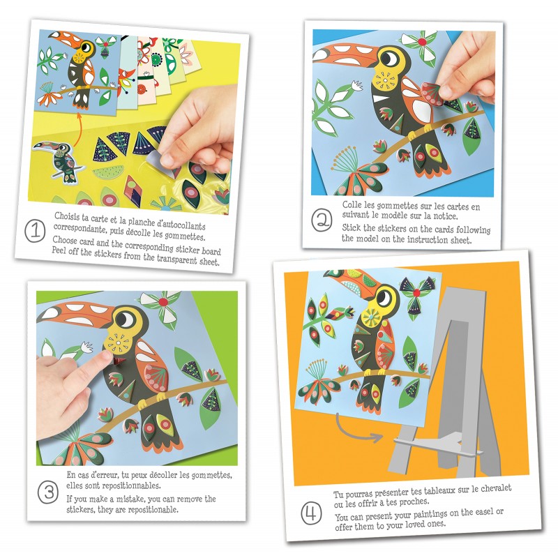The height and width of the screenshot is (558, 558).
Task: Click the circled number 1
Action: [x=35, y=231]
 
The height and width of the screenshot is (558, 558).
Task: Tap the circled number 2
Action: [x=322, y=220]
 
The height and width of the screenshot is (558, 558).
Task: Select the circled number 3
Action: [x=48, y=492]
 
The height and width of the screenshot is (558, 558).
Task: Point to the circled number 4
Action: [x=311, y=513]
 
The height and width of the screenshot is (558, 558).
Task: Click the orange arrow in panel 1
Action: [x=79, y=129]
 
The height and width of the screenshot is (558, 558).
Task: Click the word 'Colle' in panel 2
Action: [x=352, y=205]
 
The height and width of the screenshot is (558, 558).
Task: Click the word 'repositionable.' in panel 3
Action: [x=153, y=510]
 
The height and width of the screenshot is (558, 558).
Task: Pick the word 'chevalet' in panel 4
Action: [x=496, y=488]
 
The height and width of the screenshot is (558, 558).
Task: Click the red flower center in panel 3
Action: [x=163, y=302]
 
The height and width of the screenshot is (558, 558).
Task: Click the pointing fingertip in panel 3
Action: [x=106, y=355]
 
